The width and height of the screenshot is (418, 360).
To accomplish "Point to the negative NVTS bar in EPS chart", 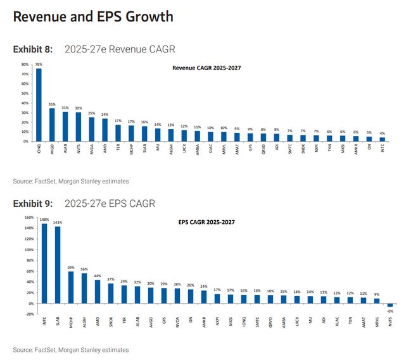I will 390,305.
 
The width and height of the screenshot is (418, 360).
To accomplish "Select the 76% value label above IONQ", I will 39,65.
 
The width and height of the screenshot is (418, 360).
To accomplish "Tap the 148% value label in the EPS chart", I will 44,220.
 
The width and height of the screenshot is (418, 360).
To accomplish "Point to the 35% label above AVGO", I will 52,104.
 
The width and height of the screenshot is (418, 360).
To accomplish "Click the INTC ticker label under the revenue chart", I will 382,150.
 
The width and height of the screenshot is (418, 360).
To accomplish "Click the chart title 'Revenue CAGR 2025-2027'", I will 207,68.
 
